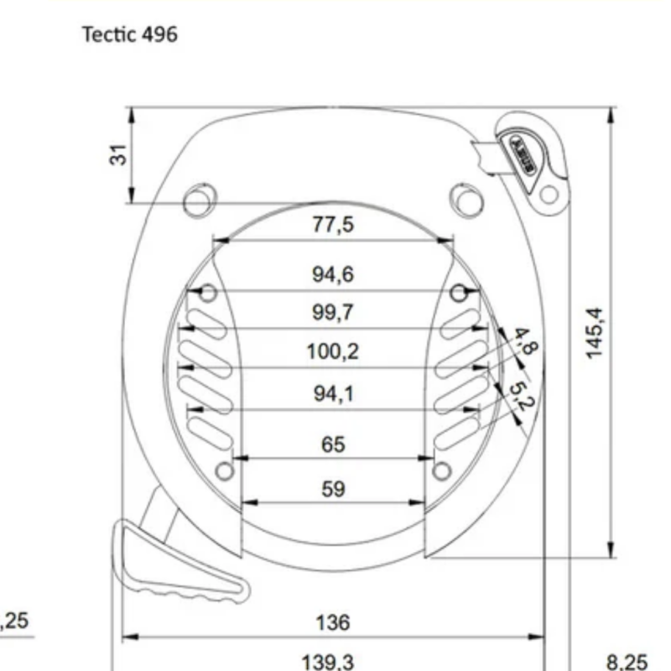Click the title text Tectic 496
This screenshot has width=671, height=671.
coord(130,35)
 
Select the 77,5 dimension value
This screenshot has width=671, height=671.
coord(333,225)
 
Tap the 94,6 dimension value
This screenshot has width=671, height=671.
coord(333,274)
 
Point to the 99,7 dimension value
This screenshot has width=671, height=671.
coord(333,313)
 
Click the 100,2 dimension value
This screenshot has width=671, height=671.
coord(333,351)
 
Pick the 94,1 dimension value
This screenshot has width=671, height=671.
coord(333,393)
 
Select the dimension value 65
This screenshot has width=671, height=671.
coord(333,444)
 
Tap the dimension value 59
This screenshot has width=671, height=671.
coord(333,489)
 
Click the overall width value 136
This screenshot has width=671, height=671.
coord(333,623)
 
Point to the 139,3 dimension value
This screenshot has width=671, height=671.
coord(327,662)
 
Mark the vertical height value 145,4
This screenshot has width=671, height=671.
coord(595,333)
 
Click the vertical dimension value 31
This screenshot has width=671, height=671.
coord(119,154)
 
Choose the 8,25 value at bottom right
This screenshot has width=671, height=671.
coord(627,662)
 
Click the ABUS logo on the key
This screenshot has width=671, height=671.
coord(520,154)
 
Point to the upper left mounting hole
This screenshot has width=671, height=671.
coord(199,200)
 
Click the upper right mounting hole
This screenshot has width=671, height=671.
coord(466,200)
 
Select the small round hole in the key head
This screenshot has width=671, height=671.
coord(549,195)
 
